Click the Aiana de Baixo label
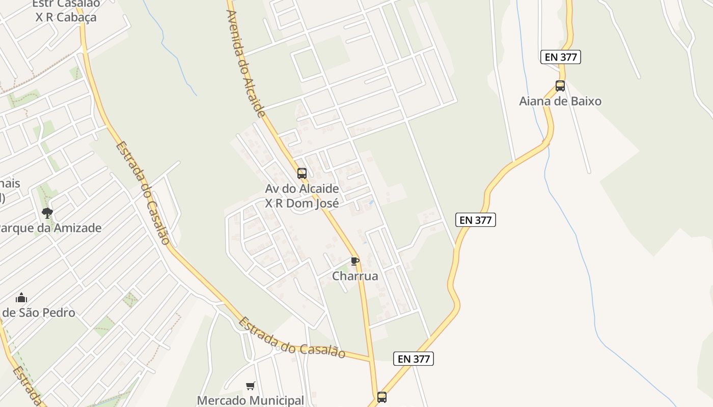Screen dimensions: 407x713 pyautogui.click(x=560, y=101)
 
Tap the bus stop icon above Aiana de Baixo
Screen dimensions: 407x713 pyautogui.click(x=560, y=86)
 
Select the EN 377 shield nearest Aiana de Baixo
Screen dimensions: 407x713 pyautogui.click(x=560, y=57)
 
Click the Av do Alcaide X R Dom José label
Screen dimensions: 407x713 pyautogui.click(x=301, y=196)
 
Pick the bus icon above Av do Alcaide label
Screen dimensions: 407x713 pyautogui.click(x=302, y=173)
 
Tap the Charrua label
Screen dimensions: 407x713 pyautogui.click(x=355, y=276)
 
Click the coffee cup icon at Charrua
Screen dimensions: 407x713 pyautogui.click(x=355, y=261)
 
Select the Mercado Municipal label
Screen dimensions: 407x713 pyautogui.click(x=250, y=400)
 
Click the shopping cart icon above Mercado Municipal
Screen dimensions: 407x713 pyautogui.click(x=250, y=386)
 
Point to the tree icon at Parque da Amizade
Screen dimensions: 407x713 pyautogui.click(x=47, y=213)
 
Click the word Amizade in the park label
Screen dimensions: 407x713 pyautogui.click(x=77, y=228)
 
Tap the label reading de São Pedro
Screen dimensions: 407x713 pyautogui.click(x=38, y=312)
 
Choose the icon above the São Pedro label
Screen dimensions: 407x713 pyautogui.click(x=21, y=298)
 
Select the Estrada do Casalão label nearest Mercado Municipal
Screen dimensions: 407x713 pyautogui.click(x=291, y=338)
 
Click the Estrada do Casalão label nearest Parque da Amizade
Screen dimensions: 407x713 pyautogui.click(x=142, y=192)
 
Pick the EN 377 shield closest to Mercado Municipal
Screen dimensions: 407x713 pyautogui.click(x=414, y=359)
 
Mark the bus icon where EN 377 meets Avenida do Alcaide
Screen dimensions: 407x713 pyautogui.click(x=381, y=397)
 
